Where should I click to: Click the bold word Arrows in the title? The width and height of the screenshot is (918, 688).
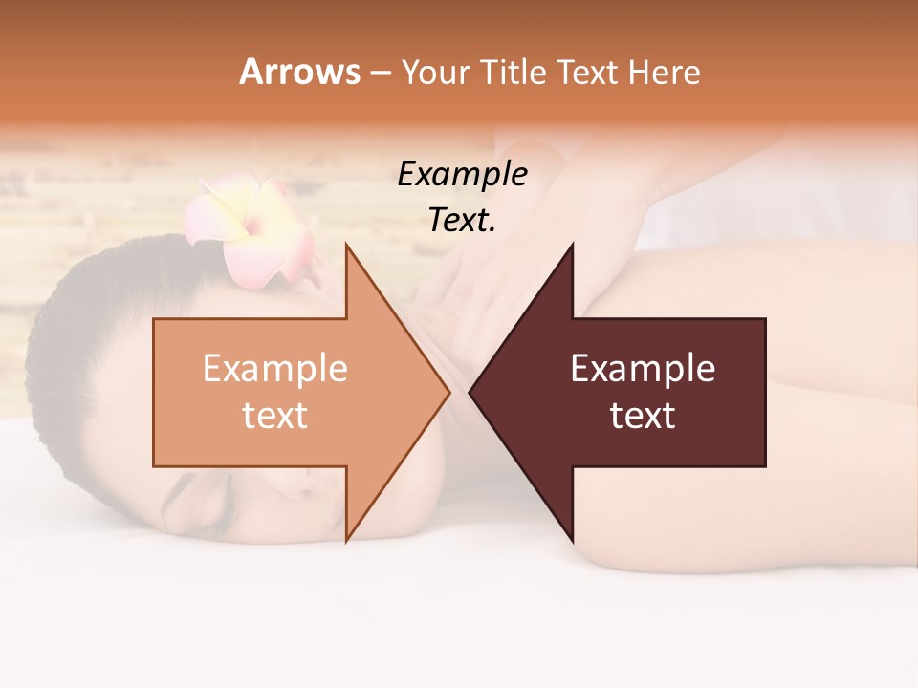click(300, 72)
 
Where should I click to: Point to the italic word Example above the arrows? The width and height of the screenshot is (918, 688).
click(462, 174)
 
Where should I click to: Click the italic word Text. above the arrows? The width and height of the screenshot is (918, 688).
click(462, 220)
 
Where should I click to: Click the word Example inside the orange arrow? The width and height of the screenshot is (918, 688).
click(275, 369)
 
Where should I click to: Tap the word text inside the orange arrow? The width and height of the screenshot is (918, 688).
click(275, 416)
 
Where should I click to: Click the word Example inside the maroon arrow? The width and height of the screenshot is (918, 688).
click(643, 369)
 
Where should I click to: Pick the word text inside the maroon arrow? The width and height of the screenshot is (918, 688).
click(643, 416)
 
